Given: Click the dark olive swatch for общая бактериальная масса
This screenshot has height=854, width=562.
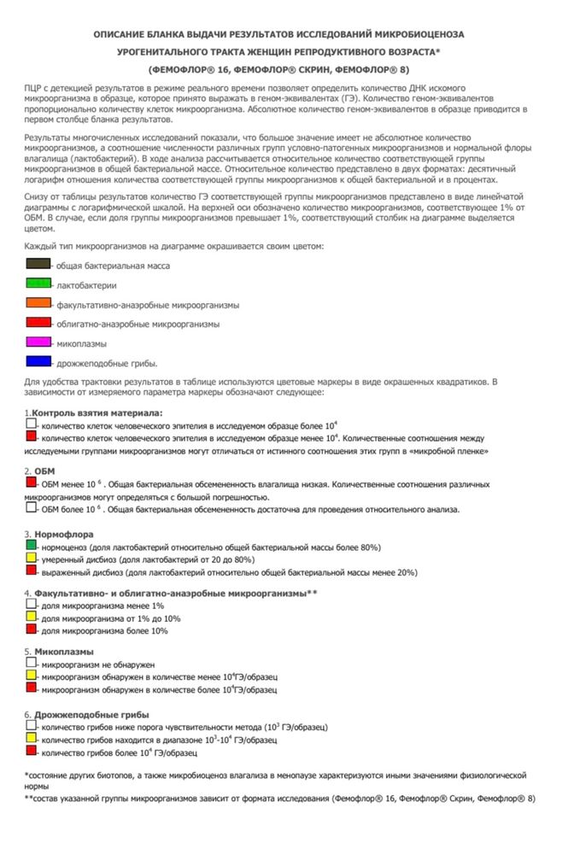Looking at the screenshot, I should (38, 265).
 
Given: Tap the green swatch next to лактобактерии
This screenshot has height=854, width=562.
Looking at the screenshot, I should (38, 284).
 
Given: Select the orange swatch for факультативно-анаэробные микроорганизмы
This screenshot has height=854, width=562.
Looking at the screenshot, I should (38, 303).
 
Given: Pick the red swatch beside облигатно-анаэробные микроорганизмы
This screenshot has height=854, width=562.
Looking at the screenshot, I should (38, 323).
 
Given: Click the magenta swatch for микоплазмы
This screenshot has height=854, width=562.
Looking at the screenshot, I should (38, 342).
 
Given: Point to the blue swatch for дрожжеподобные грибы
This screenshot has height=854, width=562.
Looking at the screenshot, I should (38, 362).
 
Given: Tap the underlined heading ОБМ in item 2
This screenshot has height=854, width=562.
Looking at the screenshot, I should (44, 471).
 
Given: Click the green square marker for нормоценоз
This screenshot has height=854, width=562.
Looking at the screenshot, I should (31, 546).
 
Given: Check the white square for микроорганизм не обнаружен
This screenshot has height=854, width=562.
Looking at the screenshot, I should (31, 663).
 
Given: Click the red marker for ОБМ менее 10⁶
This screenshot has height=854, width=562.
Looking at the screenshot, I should (31, 483).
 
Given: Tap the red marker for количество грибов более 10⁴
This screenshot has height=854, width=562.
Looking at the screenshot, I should (31, 752).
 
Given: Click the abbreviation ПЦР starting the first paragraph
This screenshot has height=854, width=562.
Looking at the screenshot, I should (35, 90).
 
